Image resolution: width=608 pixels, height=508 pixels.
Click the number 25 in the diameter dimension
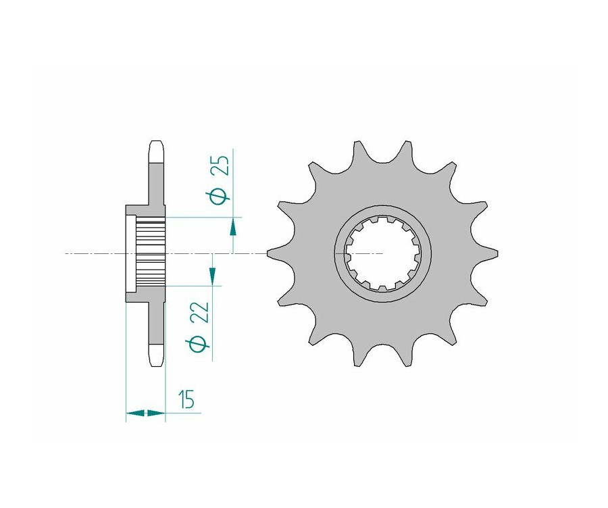pyautogui.click(x=222, y=166)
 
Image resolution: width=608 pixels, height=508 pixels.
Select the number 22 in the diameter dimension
pyautogui.click(x=201, y=312)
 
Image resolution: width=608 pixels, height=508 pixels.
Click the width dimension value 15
pyautogui.click(x=186, y=399)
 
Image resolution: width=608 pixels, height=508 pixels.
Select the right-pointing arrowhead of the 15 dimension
pyautogui.click(x=156, y=413)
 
